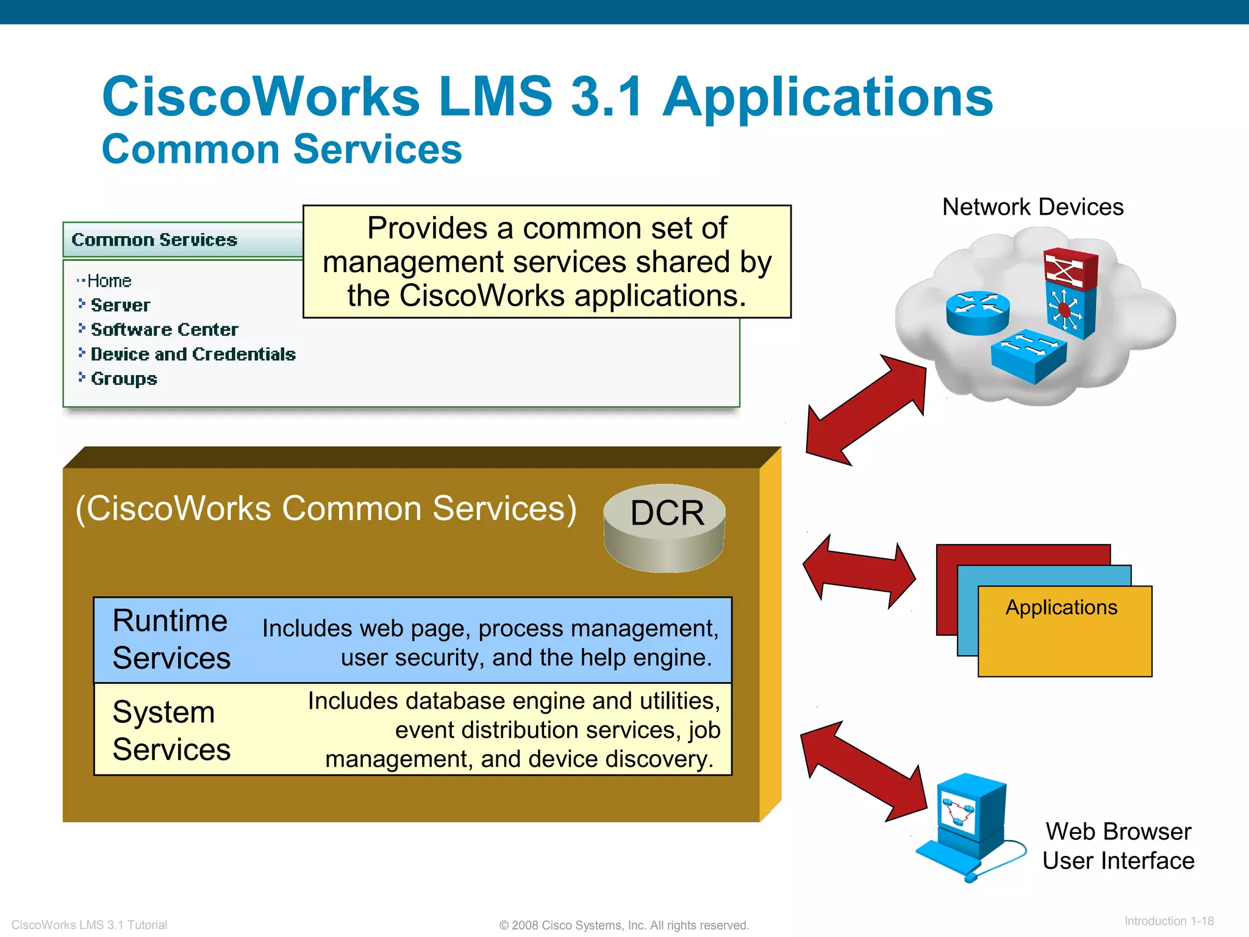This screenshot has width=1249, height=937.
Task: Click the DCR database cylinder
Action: pos(665,528)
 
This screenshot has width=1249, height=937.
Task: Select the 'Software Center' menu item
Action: pos(164,329)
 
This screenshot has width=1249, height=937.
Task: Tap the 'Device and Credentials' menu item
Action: pos(193,354)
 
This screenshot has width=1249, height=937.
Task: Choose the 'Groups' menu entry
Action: pos(124,379)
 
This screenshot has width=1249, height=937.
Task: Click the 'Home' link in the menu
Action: pos(109,281)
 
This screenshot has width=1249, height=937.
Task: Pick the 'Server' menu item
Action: pos(120,305)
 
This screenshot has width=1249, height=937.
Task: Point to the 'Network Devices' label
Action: pos(1032,207)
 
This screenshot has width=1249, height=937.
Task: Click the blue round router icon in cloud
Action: pos(978,312)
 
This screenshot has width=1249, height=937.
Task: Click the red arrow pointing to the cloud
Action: pos(866,410)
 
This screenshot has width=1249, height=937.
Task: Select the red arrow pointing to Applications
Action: pos(859,572)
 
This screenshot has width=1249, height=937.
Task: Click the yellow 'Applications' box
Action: pos(1064,631)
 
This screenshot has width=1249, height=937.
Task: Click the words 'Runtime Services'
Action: pos(171,639)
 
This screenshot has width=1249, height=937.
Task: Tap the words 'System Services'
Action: pos(171,730)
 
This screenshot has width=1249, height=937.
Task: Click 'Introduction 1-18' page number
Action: pos(1168,921)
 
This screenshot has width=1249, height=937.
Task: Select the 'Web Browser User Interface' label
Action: pos(1118,846)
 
